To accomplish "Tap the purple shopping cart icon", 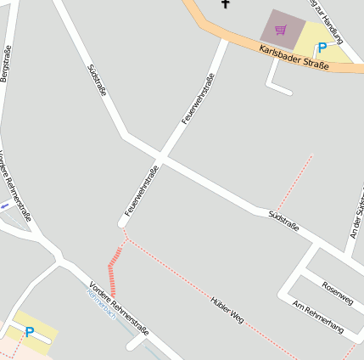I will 281,31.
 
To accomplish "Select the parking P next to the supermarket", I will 322,48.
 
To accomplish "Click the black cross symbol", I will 226,3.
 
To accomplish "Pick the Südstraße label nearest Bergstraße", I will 97,80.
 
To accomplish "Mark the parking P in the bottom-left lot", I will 30,332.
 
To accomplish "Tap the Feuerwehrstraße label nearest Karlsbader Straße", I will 196,100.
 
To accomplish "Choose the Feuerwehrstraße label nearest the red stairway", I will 142,191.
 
